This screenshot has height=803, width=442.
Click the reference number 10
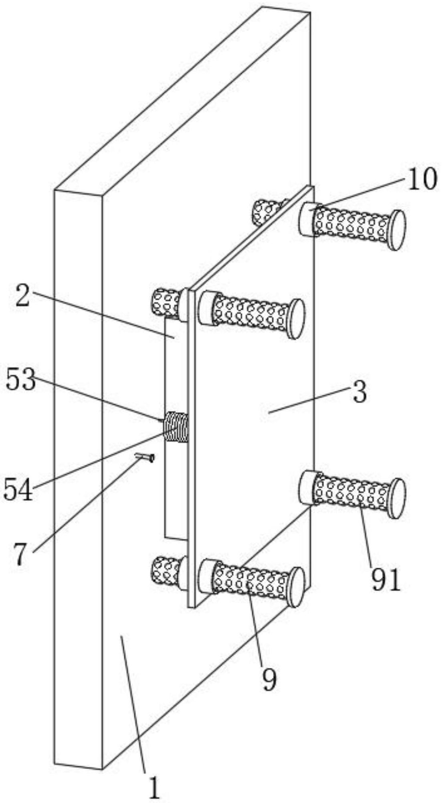click(422, 179)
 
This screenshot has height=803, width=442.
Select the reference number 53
click(21, 380)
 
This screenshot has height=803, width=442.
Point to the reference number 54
click(18, 489)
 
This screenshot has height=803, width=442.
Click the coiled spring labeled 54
click(176, 427)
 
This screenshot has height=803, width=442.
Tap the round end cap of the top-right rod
click(397, 230)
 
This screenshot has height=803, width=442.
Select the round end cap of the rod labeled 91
click(397, 498)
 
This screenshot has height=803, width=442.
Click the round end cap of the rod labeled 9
click(297, 587)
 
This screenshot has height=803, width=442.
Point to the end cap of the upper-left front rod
click(297, 319)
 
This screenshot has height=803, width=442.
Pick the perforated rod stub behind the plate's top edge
click(266, 212)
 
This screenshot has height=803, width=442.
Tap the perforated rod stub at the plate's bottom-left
click(165, 570)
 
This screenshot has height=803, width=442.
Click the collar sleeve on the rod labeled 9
click(207, 576)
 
